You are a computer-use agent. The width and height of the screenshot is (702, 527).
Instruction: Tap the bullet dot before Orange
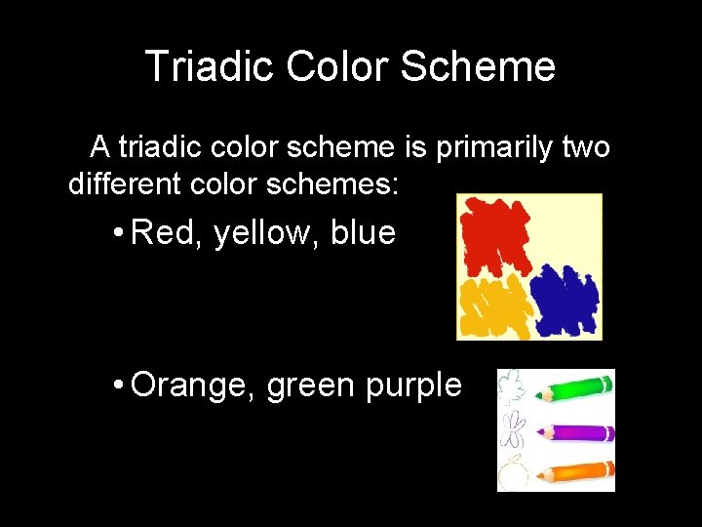coord(116,385)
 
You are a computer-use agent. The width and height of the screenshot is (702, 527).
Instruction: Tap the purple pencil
coord(576,431)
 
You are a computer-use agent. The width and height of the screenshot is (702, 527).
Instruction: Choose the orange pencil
coord(576,472)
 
